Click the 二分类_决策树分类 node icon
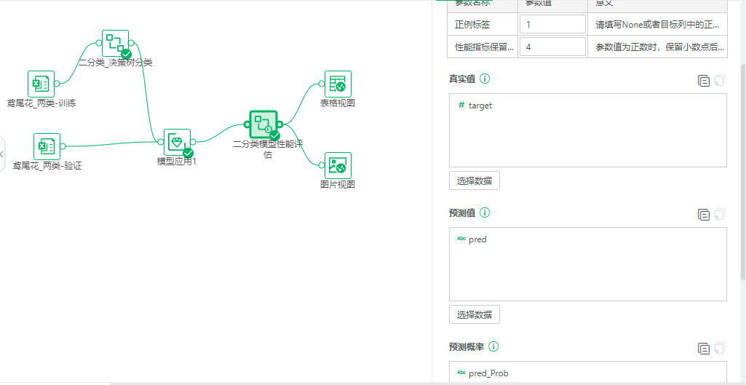click(115, 44)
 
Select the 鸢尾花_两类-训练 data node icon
click(41, 84)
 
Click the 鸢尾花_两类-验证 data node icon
click(47, 146)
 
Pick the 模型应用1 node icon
click(177, 142)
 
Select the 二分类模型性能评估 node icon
click(263, 124)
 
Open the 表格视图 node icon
click(338, 84)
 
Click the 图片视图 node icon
click(338, 165)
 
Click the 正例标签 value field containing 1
click(552, 24)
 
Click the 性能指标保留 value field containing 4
click(552, 47)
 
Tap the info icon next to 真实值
click(485, 79)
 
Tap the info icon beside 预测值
click(485, 213)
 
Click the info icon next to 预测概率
click(494, 346)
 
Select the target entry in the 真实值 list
click(480, 106)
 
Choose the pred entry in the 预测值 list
click(477, 239)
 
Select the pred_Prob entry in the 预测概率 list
click(488, 373)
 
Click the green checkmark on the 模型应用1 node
click(188, 153)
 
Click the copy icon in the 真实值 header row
click(703, 81)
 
